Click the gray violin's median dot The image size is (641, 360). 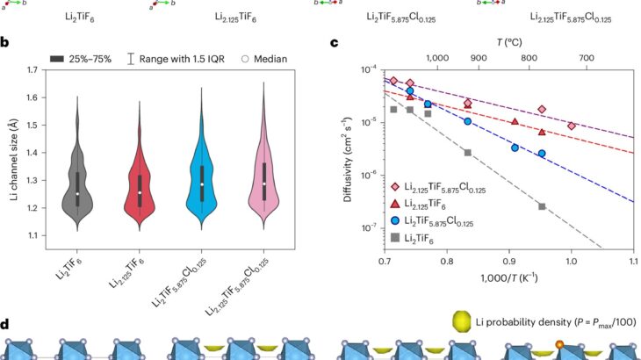77,194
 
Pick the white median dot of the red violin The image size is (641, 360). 139,192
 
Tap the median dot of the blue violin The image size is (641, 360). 201,184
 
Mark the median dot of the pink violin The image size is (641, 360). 263,184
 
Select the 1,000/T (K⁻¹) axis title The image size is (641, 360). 509,278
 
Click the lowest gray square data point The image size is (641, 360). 542,206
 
